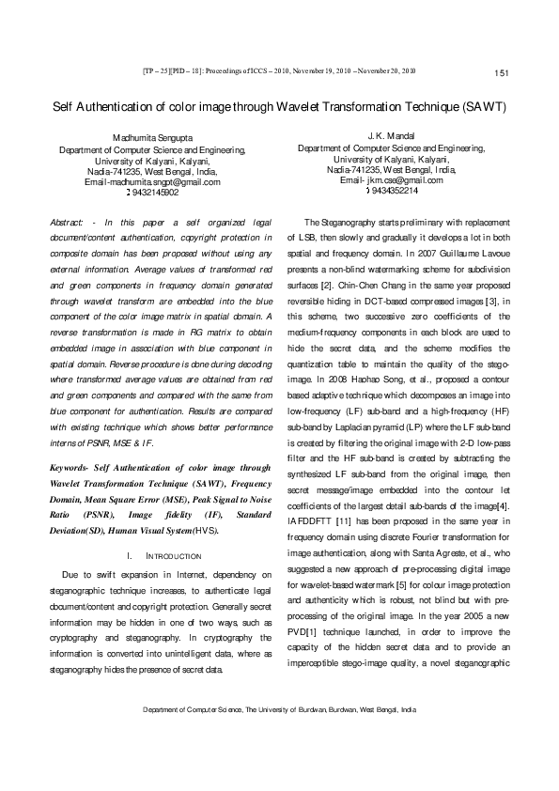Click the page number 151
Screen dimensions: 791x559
tap(500, 73)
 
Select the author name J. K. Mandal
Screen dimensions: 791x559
tap(391, 137)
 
